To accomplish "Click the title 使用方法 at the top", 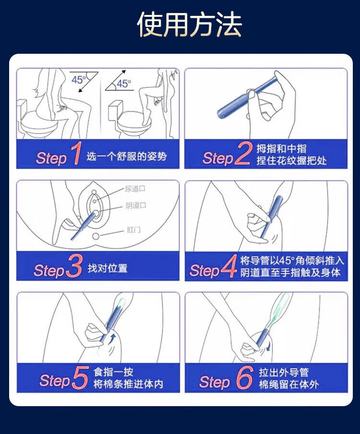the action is [190, 24].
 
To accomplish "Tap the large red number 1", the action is [75, 154].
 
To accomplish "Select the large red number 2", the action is [243, 154].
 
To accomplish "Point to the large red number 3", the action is [74, 265].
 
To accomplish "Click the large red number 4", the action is [229, 266].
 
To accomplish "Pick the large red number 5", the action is [81, 378].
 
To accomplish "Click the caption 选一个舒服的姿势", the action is [126, 157].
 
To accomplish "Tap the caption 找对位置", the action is [108, 268].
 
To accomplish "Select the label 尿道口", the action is [135, 189].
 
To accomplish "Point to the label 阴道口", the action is [136, 205].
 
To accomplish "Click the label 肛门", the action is [133, 230].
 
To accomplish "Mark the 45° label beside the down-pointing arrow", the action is [79, 80].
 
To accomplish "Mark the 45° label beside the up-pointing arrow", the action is [123, 84].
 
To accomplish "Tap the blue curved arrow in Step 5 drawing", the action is [113, 339].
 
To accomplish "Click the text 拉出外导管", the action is [284, 372].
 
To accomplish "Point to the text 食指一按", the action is [113, 372].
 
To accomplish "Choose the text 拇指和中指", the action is [281, 149].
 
